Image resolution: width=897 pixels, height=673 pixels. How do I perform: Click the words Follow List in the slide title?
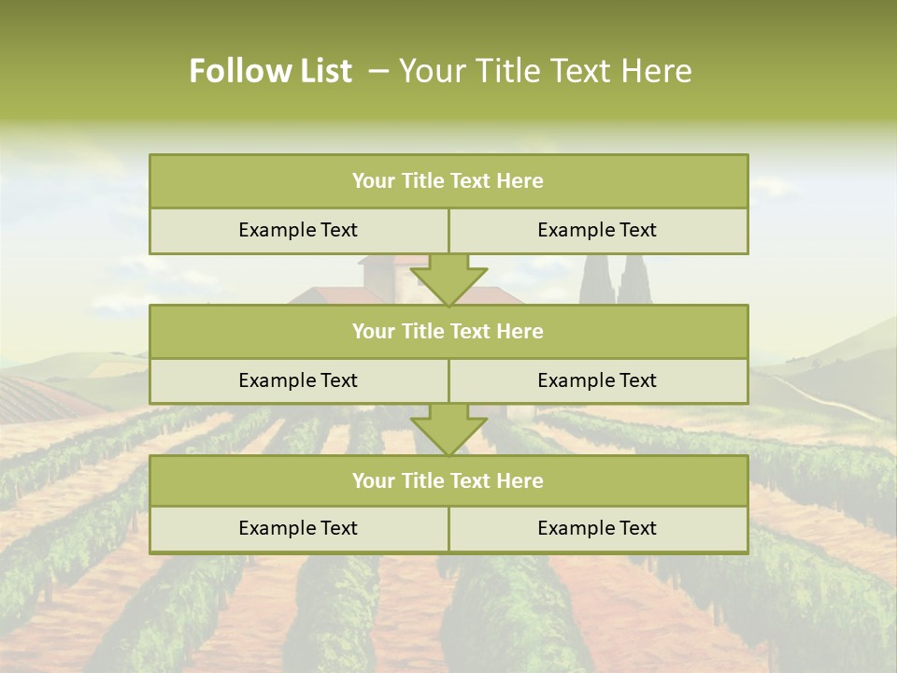click(270, 71)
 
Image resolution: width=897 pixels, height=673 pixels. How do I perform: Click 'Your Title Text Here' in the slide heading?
click(545, 71)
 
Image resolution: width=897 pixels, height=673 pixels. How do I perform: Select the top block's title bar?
click(448, 181)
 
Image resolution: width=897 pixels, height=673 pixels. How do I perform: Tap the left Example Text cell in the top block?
click(298, 230)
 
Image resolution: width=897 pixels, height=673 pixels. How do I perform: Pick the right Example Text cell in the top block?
click(597, 230)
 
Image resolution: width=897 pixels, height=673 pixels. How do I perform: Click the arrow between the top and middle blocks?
click(448, 279)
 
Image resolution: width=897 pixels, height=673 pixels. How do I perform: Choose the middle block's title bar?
click(448, 331)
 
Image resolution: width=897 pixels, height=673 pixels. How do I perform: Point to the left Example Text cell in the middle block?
click(298, 380)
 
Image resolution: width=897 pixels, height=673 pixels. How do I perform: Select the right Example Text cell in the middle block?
click(597, 380)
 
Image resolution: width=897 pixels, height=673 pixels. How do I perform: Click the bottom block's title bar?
click(448, 480)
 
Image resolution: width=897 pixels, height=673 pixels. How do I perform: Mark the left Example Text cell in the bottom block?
click(298, 528)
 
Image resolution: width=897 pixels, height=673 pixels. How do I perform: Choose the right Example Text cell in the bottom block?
click(597, 528)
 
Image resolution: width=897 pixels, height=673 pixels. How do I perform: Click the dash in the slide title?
click(378, 71)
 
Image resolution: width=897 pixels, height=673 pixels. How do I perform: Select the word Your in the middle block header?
click(374, 331)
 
